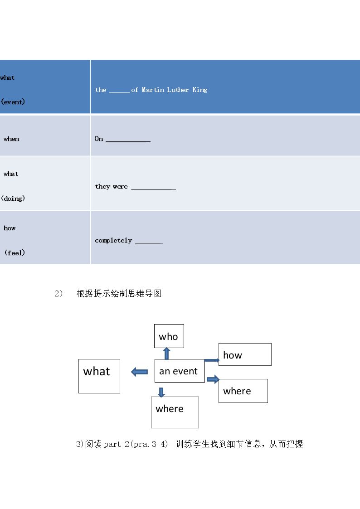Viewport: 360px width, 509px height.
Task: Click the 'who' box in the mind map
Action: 169,336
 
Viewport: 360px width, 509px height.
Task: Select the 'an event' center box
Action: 180,371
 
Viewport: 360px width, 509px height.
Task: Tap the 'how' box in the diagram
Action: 245,354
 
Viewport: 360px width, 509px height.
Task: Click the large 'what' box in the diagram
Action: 99,376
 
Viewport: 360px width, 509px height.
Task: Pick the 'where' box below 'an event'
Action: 175,412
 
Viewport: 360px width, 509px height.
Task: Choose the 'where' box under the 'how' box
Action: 243,391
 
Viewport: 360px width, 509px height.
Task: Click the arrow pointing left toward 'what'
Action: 139,372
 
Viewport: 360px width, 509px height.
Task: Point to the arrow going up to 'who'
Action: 166,354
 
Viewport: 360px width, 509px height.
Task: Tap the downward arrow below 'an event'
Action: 161,392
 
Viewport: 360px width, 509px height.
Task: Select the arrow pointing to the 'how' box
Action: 212,360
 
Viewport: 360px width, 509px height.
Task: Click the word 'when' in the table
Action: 11,139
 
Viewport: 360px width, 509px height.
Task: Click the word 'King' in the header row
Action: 199,90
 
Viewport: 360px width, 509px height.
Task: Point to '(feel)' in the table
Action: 15,252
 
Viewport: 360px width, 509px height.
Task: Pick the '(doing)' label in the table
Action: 13,199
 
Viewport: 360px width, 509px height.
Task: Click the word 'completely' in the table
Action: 113,241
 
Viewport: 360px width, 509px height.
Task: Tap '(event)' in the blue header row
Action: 13,102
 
